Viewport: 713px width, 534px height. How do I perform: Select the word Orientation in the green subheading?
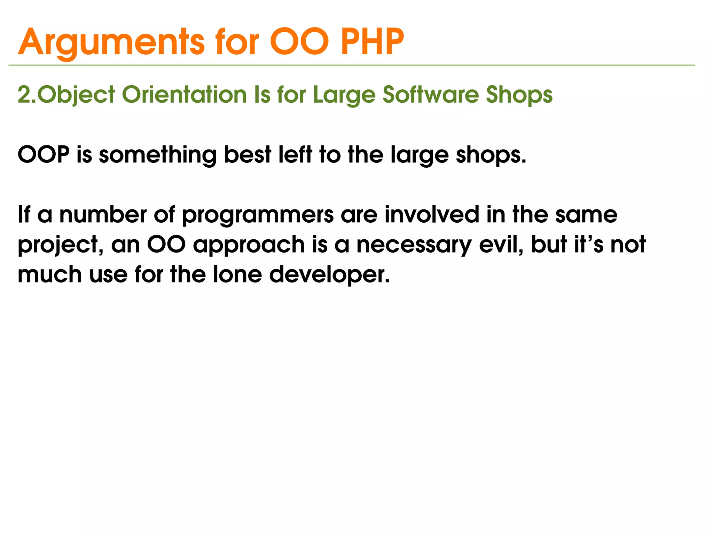click(x=185, y=95)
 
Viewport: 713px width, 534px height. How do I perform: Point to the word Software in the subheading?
click(x=430, y=95)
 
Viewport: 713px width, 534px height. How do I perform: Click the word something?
click(x=158, y=155)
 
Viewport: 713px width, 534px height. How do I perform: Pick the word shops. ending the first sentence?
click(x=491, y=155)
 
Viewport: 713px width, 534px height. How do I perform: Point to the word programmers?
click(x=258, y=215)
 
